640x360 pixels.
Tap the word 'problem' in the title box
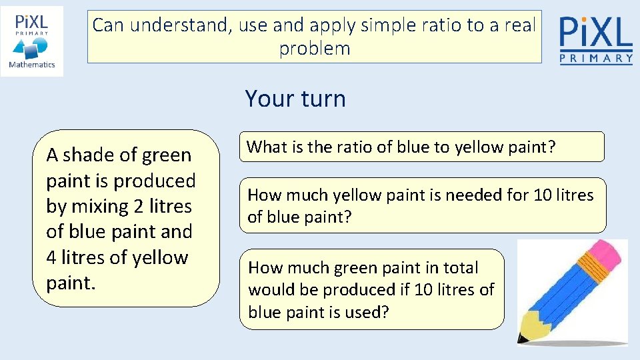click(x=315, y=49)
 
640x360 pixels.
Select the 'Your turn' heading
click(x=295, y=99)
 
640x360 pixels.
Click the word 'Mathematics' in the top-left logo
click(x=32, y=65)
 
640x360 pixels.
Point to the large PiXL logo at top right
click(x=596, y=33)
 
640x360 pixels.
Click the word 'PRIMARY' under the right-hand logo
click(x=596, y=59)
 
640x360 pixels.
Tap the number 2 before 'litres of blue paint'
click(x=139, y=207)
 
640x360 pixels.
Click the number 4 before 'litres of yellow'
click(x=52, y=258)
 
